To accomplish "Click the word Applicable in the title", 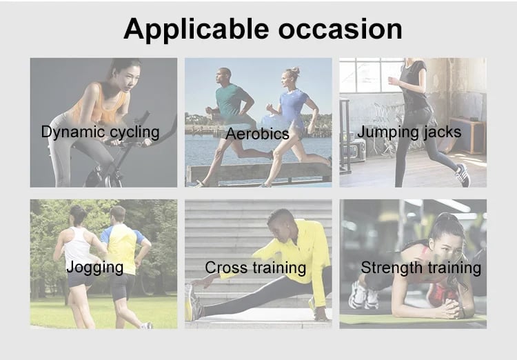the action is point(196,30).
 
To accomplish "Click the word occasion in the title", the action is point(341,29).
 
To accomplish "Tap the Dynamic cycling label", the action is point(100,132).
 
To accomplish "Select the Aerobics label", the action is point(257,134).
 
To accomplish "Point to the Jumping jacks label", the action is point(409,132).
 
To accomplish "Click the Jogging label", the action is point(95,268).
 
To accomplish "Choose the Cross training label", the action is point(256,268).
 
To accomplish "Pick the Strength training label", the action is point(420,268).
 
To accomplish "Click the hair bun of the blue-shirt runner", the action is point(295,70).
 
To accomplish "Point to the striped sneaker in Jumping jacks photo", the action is point(463,175).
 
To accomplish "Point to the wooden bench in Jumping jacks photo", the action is point(467,134).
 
